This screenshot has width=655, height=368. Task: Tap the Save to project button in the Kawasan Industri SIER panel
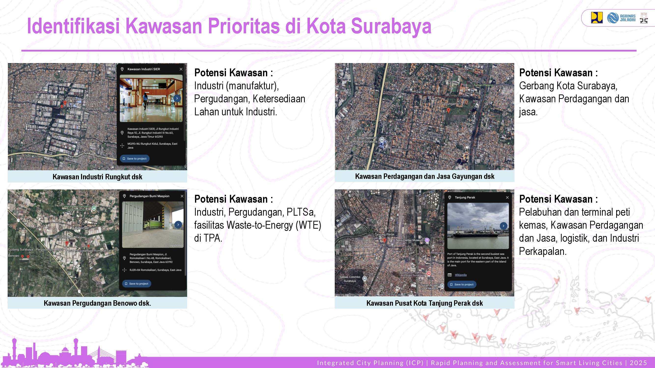click(x=135, y=158)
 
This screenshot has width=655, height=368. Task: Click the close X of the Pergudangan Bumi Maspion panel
click(x=182, y=196)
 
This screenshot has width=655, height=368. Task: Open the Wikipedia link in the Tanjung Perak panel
click(x=460, y=275)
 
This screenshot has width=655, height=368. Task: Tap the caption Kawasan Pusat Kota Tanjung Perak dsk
click(x=424, y=303)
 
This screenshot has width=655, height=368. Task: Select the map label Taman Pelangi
click(x=483, y=85)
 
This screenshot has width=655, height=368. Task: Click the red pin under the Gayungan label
click(x=448, y=110)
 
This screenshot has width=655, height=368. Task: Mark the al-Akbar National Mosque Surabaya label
click(x=365, y=140)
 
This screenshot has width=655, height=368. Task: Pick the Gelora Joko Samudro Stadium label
click(x=76, y=208)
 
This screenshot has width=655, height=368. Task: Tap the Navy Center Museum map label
click(x=409, y=240)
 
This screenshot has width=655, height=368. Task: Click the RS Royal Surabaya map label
click(x=35, y=92)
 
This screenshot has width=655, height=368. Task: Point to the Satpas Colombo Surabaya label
click(x=350, y=279)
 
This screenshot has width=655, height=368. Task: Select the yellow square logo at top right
click(x=597, y=18)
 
